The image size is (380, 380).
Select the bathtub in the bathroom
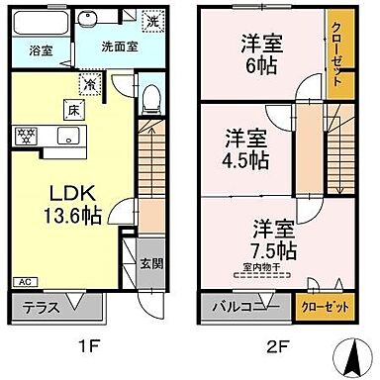click(41, 21)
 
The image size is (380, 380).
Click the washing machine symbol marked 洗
click(153, 20)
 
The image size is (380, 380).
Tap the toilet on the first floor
click(151, 95)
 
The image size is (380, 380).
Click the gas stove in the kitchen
click(26, 135)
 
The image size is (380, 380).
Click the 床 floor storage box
click(73, 110)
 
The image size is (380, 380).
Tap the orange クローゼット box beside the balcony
click(327, 307)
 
